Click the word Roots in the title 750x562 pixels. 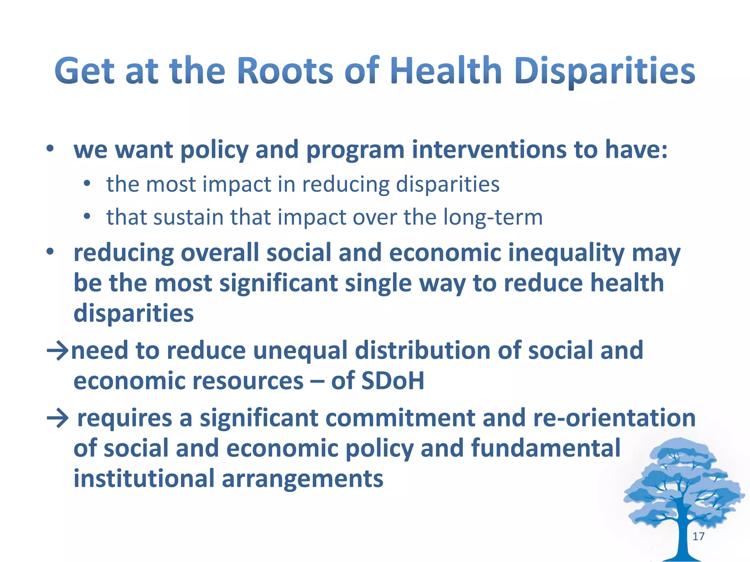pyautogui.click(x=285, y=71)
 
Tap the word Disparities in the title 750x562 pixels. pyautogui.click(x=605, y=71)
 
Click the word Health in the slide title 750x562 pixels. pyautogui.click(x=445, y=71)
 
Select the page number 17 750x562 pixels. pyautogui.click(x=698, y=536)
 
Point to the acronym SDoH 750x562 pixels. pyautogui.click(x=392, y=381)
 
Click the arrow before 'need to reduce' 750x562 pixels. pyautogui.click(x=57, y=351)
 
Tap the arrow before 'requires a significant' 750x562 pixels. pyautogui.click(x=57, y=418)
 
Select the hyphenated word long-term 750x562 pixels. pyautogui.click(x=493, y=217)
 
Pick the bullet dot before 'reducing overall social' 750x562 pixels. pyautogui.click(x=50, y=252)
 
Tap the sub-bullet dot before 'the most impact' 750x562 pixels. pyautogui.click(x=87, y=183)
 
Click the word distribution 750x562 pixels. pyautogui.click(x=423, y=351)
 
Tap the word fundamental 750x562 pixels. pyautogui.click(x=546, y=448)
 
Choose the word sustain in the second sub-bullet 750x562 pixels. pyautogui.click(x=188, y=217)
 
